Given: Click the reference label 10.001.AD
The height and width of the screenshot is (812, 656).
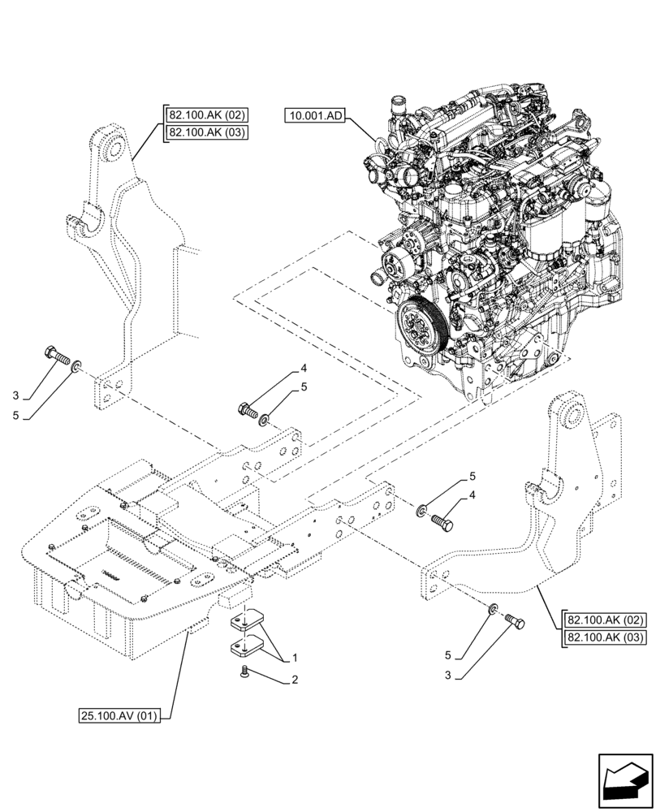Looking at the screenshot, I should coord(315,117).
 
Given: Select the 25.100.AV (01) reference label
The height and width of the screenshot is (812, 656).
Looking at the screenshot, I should coord(120,715).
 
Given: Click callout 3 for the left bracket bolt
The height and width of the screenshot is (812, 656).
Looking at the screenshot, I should coord(15,395).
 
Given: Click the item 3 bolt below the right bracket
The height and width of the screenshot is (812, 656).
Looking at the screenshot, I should coord(516,621).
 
